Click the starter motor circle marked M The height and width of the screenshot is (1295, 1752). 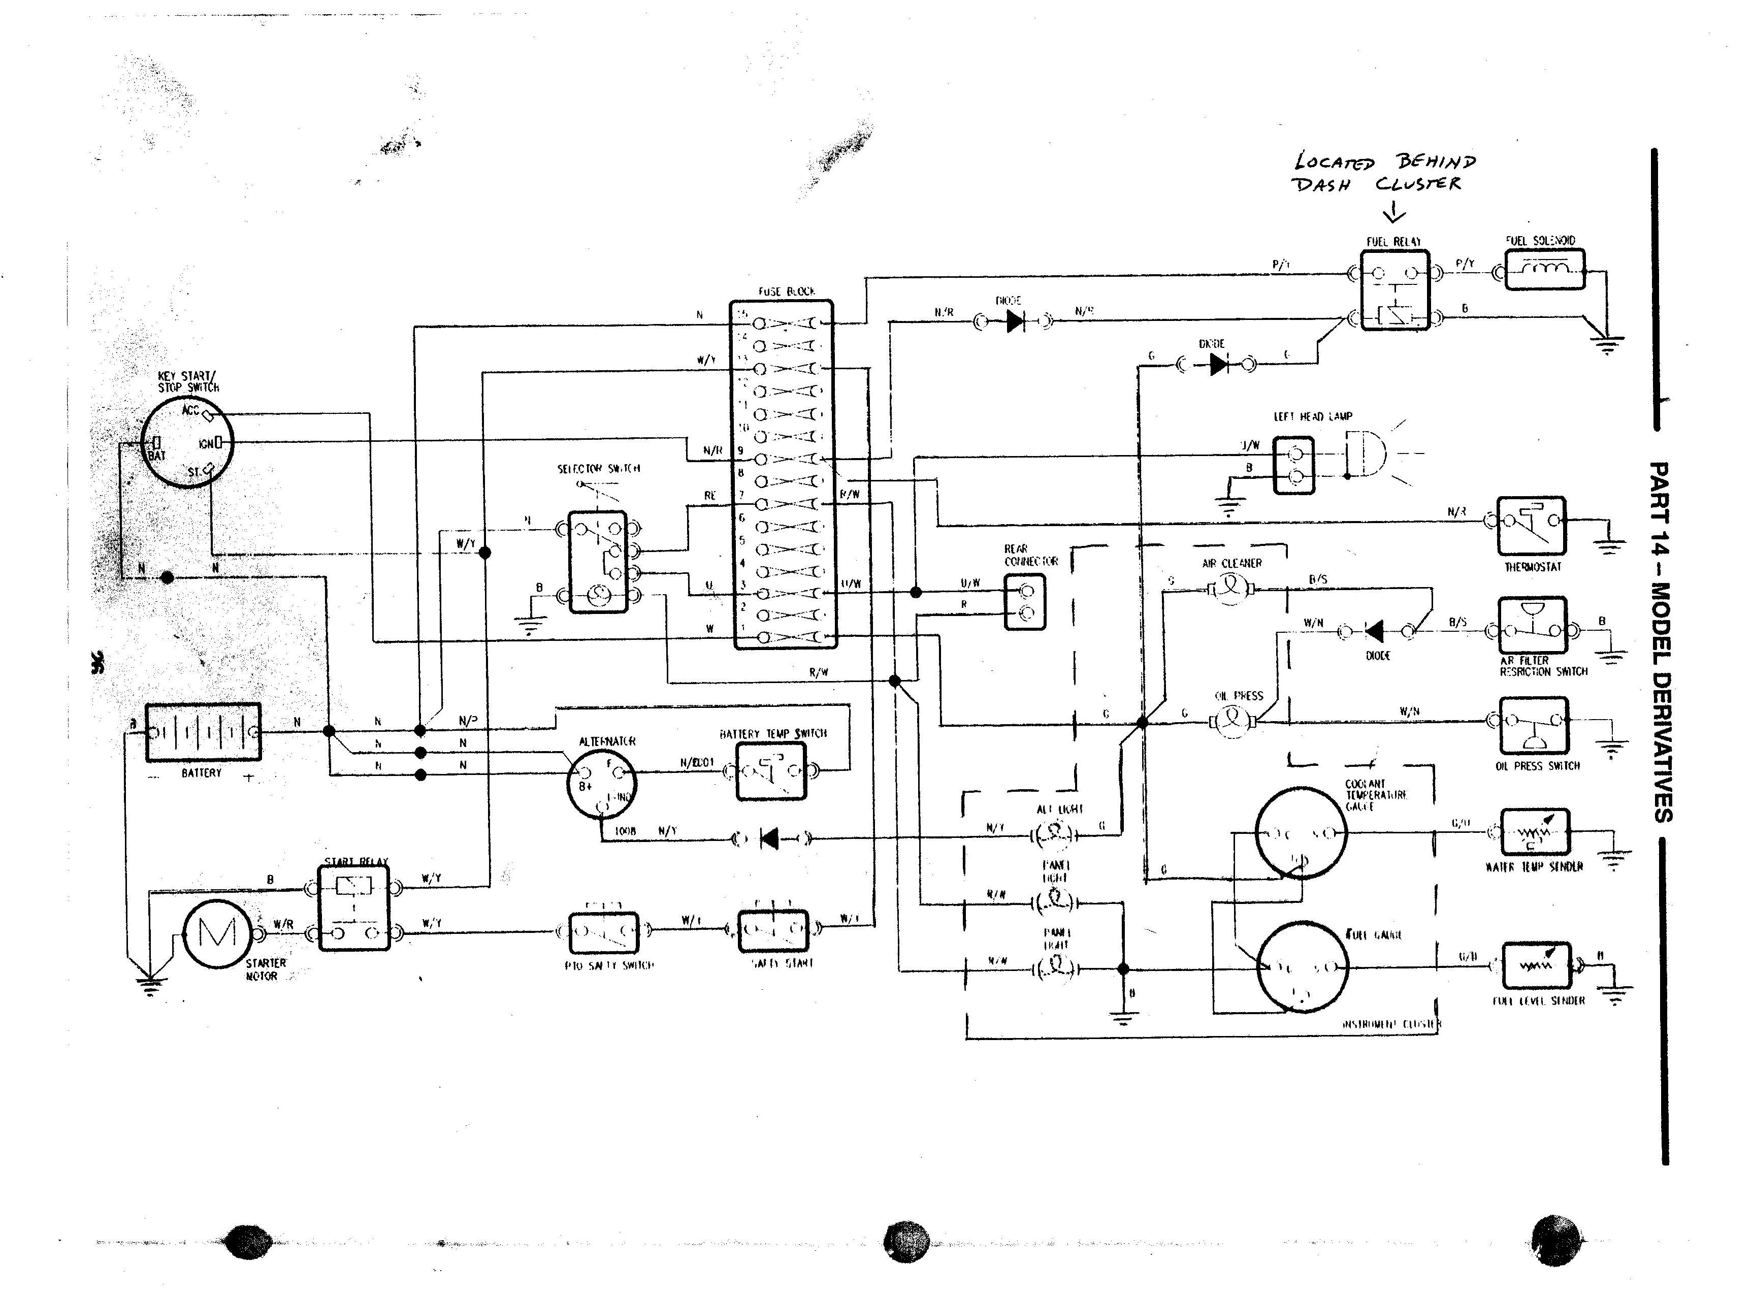pos(217,932)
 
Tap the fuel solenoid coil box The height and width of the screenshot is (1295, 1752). pos(1544,269)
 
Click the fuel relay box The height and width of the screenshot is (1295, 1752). pos(1394,290)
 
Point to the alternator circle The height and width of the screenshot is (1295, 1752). pos(601,782)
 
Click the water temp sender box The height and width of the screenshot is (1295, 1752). pos(1535,832)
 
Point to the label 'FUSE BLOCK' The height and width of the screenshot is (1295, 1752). pos(786,292)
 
